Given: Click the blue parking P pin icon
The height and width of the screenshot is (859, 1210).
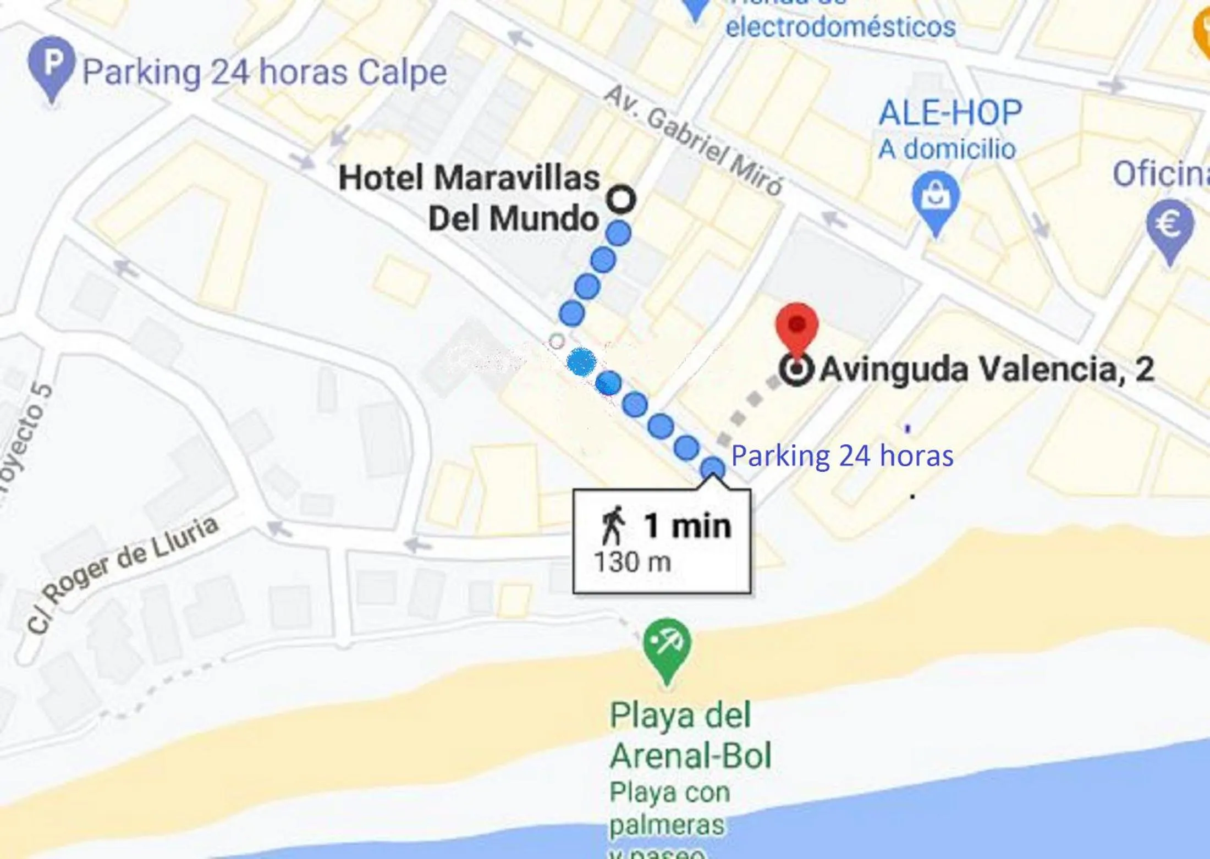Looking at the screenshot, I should click(x=51, y=65).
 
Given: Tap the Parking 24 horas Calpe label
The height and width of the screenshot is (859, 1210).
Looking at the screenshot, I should click(x=264, y=73).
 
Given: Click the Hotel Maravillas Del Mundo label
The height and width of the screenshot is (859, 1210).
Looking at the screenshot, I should click(x=469, y=198).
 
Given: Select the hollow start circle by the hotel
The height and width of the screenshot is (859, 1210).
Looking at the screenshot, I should click(x=621, y=199).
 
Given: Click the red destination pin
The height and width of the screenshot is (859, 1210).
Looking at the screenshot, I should click(x=797, y=328).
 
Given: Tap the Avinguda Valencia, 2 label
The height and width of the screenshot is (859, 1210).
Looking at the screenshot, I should click(x=987, y=370).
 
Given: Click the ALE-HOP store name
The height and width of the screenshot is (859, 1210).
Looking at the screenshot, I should click(x=950, y=113).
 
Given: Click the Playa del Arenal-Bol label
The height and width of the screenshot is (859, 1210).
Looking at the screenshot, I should click(x=690, y=735).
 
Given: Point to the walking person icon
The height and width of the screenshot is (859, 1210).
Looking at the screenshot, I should click(x=613, y=525).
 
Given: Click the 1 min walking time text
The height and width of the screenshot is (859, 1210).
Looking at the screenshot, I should click(x=687, y=526).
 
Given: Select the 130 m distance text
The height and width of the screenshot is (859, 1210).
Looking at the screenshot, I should click(x=632, y=563).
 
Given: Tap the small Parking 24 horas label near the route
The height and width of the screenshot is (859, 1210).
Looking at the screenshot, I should click(x=842, y=456).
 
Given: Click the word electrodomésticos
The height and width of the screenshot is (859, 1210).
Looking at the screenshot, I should click(x=840, y=27).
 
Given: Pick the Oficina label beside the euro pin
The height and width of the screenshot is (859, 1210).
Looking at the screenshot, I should click(x=1160, y=174).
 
